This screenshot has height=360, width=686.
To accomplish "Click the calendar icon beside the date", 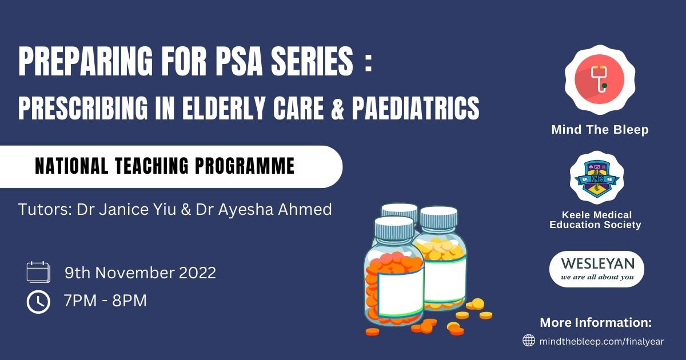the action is click(38, 272).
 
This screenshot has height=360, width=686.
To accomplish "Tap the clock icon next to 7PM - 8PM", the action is click(38, 302).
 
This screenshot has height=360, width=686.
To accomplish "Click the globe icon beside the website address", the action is click(529, 341).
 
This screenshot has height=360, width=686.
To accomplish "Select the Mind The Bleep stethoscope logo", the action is click(600, 80).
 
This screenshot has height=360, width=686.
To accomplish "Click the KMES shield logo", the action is click(597, 178).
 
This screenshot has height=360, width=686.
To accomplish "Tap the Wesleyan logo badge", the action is click(597, 269).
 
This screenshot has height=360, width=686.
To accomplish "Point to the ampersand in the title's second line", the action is click(338, 109).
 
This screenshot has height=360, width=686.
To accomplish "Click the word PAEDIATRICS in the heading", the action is click(416, 108).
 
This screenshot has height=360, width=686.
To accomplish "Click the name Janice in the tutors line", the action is click(123, 209).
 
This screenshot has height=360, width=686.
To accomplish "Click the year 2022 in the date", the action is click(198, 273).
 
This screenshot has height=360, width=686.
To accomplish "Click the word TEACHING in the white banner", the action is click(152, 166).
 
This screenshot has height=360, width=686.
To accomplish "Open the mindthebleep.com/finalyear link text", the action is click(601, 341).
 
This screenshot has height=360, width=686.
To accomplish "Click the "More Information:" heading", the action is click(596, 322).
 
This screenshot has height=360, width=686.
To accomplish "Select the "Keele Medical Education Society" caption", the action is click(596, 220).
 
